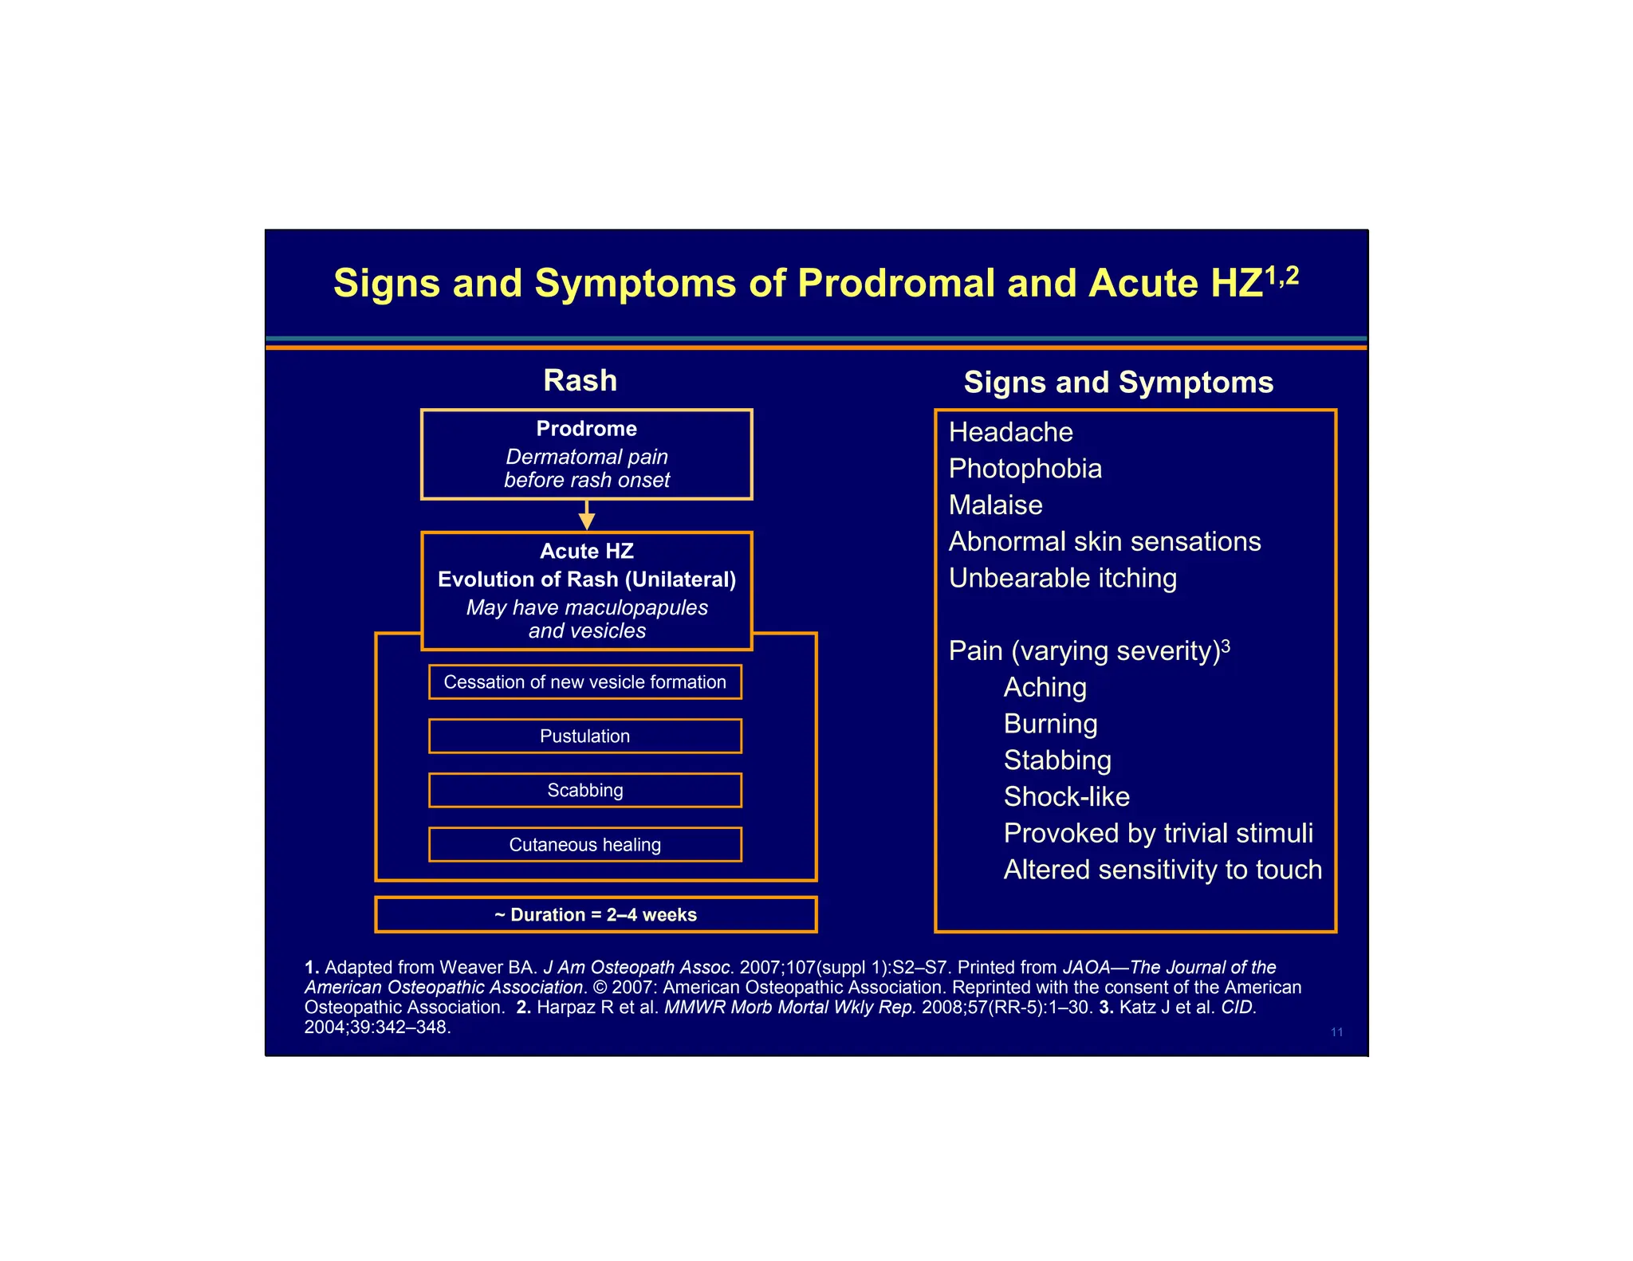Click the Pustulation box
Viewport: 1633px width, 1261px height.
pyautogui.click(x=584, y=736)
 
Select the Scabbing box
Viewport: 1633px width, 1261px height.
pyautogui.click(x=584, y=790)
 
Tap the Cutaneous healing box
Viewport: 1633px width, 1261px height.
pyautogui.click(x=584, y=844)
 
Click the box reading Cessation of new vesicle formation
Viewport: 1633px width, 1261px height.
pyautogui.click(x=584, y=682)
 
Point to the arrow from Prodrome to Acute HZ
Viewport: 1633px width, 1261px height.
pyautogui.click(x=587, y=516)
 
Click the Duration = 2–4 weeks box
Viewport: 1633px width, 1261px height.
pyautogui.click(x=596, y=914)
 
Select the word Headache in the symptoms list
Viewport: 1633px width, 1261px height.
pyautogui.click(x=1010, y=432)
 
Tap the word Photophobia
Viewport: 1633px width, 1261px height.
pyautogui.click(x=1025, y=469)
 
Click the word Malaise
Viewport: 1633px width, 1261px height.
pyautogui.click(x=995, y=505)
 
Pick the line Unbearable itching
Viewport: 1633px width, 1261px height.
pyautogui.click(x=1062, y=578)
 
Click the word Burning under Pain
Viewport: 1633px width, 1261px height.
pyautogui.click(x=1050, y=724)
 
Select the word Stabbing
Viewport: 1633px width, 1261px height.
pyautogui.click(x=1057, y=760)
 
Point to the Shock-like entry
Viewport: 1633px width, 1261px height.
pyautogui.click(x=1066, y=796)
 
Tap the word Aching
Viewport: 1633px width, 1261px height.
pyautogui.click(x=1045, y=687)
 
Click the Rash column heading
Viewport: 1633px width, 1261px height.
pyautogui.click(x=580, y=380)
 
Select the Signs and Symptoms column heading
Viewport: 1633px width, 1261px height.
pyautogui.click(x=1118, y=382)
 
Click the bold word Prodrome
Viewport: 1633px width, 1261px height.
pyautogui.click(x=586, y=429)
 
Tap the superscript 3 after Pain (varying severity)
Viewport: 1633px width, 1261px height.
pyautogui.click(x=1226, y=645)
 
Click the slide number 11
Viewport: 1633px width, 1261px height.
pyautogui.click(x=1336, y=1032)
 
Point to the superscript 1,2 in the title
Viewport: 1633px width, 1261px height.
pyautogui.click(x=1282, y=275)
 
